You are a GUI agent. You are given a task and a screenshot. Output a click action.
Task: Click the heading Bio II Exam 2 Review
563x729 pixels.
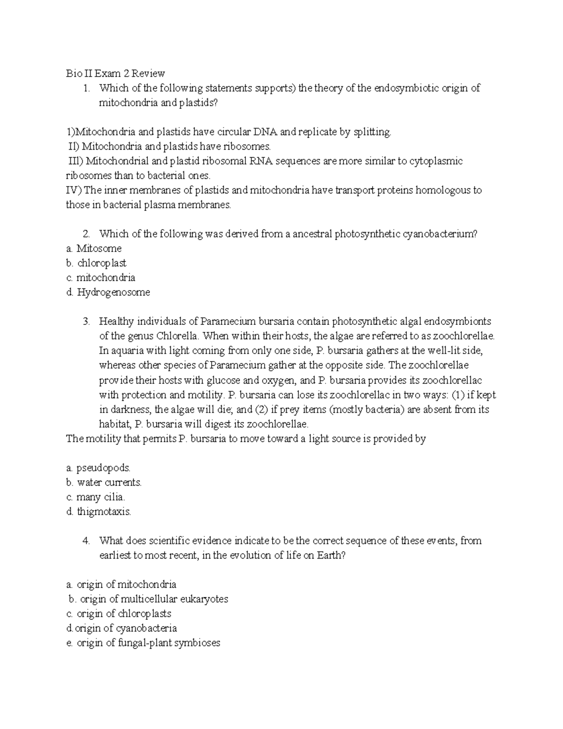tap(115, 73)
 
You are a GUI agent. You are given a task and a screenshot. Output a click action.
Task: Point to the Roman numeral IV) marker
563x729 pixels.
tap(74, 190)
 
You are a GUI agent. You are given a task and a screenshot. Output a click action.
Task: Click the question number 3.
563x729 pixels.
tap(86, 322)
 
